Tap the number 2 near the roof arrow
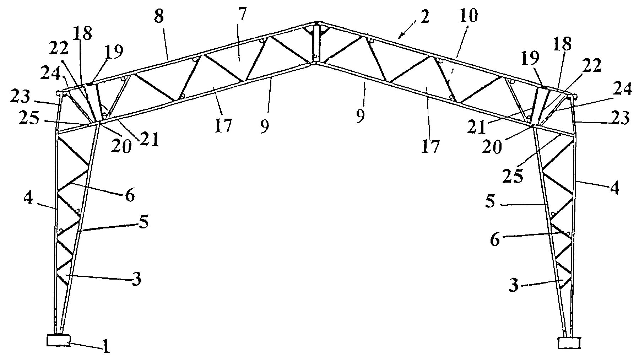click(x=425, y=17)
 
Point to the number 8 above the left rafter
click(x=159, y=16)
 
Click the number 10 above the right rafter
click(x=469, y=16)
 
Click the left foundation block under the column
click(x=58, y=340)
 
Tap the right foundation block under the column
click(x=569, y=343)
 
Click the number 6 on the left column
click(x=130, y=195)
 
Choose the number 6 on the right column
click(x=495, y=240)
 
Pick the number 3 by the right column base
click(x=514, y=285)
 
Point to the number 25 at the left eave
click(x=29, y=118)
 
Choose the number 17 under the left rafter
click(x=223, y=126)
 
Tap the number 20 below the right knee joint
click(x=492, y=146)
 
